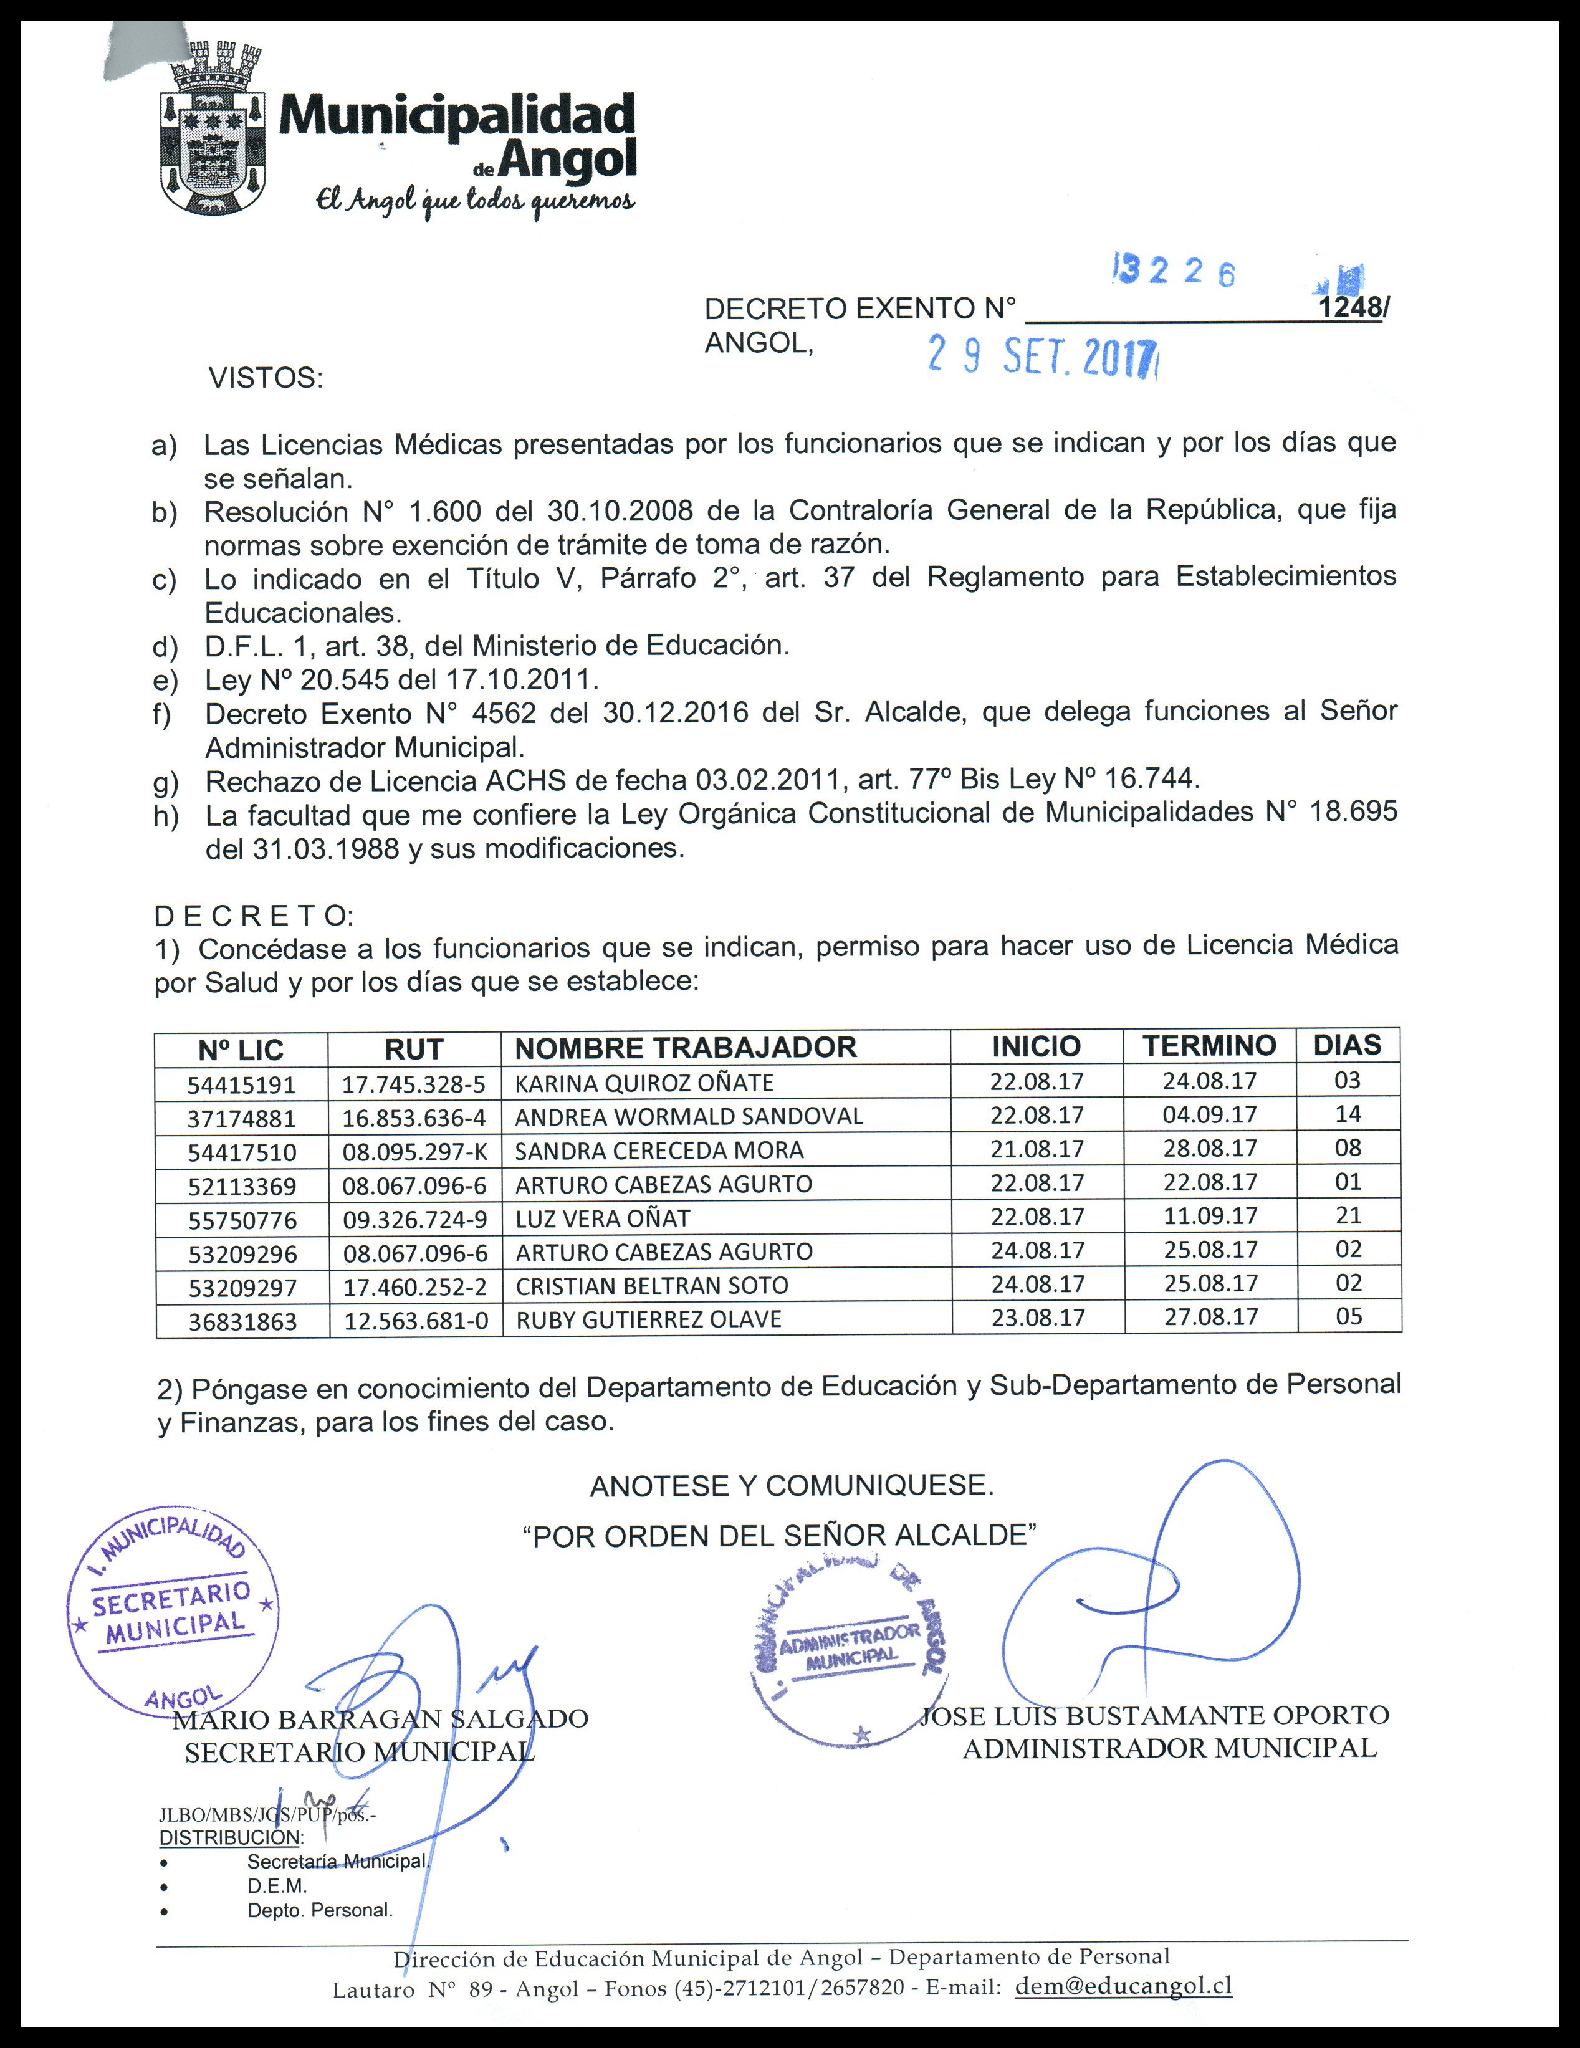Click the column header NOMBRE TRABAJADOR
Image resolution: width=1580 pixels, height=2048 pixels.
pos(686,1048)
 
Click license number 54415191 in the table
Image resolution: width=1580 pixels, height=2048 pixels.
pos(242,1085)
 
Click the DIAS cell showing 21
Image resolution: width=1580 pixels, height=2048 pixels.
pos(1348,1215)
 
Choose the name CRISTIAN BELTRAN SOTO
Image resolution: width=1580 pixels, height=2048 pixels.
pos(652,1286)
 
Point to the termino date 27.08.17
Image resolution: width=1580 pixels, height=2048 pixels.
pos(1210,1316)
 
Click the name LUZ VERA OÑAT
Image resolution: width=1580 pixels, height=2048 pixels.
pos(602,1218)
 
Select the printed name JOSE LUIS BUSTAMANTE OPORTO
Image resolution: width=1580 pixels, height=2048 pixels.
pos(1154,1715)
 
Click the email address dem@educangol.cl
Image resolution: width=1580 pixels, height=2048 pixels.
pos(1123,1984)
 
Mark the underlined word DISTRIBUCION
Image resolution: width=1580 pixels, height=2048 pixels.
pos(230,1837)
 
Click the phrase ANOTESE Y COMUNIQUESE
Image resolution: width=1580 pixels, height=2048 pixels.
pos(792,1485)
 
